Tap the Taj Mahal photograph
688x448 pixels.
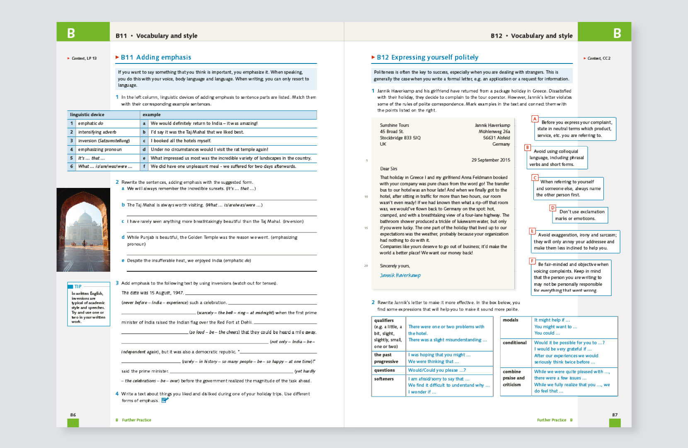click(83, 230)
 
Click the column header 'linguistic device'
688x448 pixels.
click(87, 114)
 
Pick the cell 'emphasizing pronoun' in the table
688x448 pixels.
click(100, 149)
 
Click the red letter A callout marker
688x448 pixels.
click(535, 119)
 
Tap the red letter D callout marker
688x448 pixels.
click(552, 208)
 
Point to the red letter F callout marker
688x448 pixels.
click(532, 261)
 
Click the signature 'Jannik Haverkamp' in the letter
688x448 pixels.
click(400, 275)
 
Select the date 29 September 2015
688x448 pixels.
click(491, 160)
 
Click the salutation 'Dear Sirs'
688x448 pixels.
click(388, 169)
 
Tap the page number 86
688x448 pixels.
click(73, 415)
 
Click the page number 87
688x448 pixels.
click(615, 415)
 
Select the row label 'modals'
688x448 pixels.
click(511, 320)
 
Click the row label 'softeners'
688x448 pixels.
click(384, 379)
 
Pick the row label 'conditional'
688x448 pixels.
click(515, 343)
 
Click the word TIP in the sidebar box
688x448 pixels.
click(78, 286)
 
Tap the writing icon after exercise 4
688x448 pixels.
click(165, 400)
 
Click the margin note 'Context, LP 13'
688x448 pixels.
click(84, 58)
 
